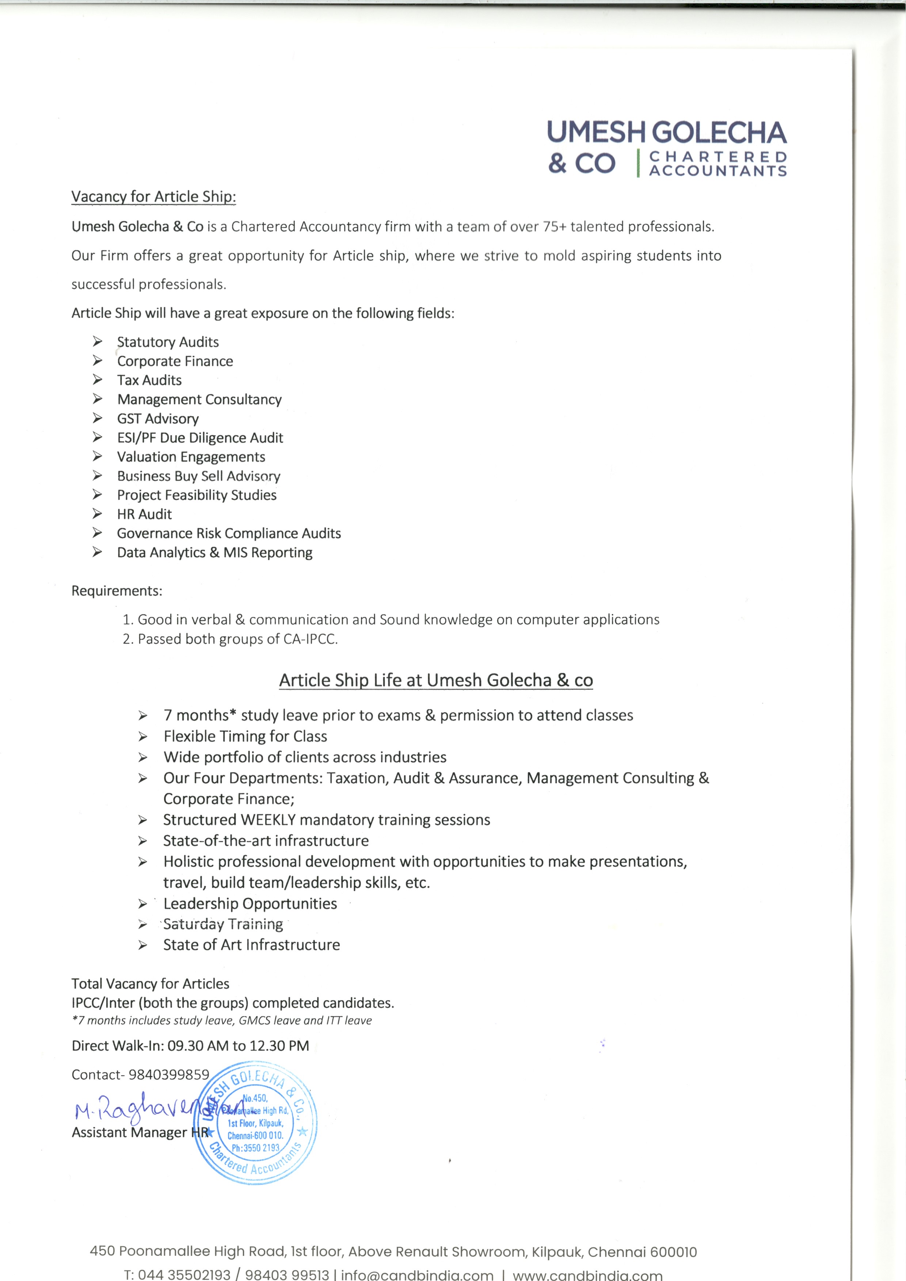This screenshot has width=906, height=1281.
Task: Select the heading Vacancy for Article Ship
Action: [153, 196]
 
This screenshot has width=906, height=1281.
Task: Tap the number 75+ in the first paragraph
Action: [554, 226]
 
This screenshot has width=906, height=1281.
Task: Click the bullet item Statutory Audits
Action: [167, 342]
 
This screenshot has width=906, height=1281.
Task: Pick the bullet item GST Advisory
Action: [157, 418]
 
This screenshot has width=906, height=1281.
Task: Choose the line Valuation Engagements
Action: [191, 457]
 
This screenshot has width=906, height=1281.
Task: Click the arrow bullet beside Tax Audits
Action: [98, 380]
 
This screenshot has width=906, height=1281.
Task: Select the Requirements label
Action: [117, 591]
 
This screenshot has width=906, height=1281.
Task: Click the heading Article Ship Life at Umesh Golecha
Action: [435, 680]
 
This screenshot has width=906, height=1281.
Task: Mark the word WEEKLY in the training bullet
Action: [268, 819]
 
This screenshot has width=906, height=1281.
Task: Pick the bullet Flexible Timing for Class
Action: [245, 737]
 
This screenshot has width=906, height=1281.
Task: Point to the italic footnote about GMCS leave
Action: [222, 1020]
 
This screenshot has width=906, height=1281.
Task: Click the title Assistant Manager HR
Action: [140, 1132]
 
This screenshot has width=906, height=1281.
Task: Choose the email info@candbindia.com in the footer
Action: [417, 1274]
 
